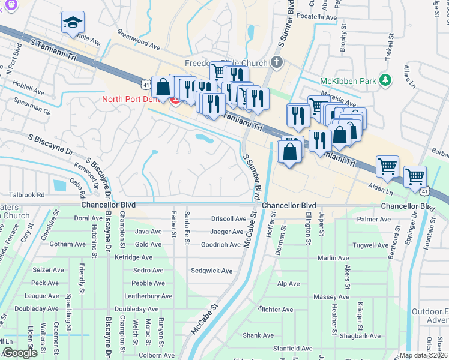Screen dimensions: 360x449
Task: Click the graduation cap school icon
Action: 73,22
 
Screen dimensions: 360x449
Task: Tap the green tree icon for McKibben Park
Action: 387,80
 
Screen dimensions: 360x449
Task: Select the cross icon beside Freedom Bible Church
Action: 276,62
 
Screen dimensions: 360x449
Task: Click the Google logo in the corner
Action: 20,353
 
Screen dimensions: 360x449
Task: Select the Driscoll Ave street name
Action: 228,218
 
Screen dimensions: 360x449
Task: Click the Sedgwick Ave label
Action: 211,271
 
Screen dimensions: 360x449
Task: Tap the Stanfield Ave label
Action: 292,348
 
